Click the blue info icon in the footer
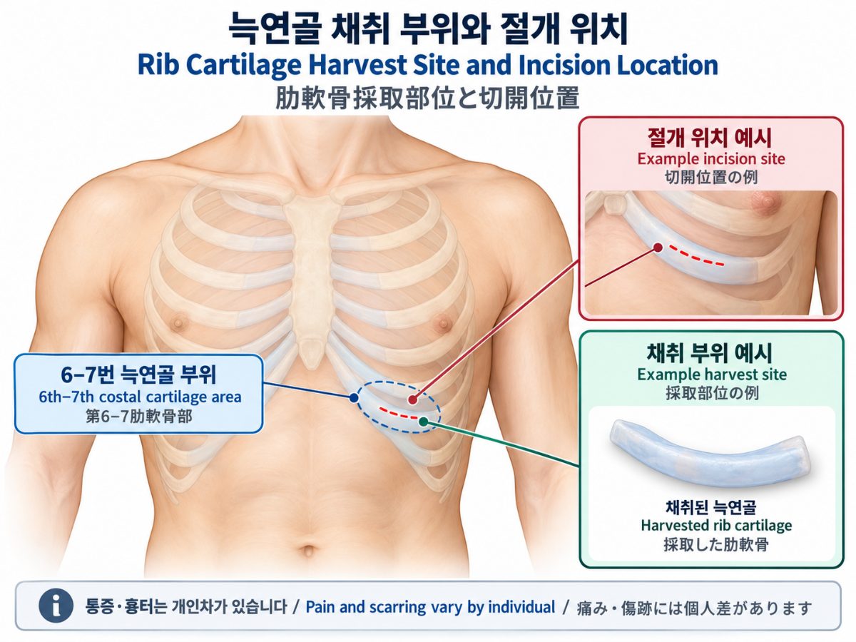(x=56, y=606)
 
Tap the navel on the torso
(x=308, y=551)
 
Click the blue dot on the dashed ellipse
(x=354, y=397)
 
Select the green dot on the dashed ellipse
(x=423, y=421)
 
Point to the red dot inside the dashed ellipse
(x=412, y=399)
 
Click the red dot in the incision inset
(x=658, y=248)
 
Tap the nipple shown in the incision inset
(x=763, y=202)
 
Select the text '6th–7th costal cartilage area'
(x=140, y=397)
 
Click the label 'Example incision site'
(x=711, y=158)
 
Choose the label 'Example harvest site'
(x=712, y=374)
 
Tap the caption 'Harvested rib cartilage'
(x=716, y=525)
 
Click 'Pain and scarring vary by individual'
(x=429, y=607)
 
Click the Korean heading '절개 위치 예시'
(x=710, y=138)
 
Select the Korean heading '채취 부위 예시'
(x=710, y=353)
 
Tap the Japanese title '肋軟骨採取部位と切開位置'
(x=427, y=98)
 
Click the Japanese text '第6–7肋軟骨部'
(x=139, y=417)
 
